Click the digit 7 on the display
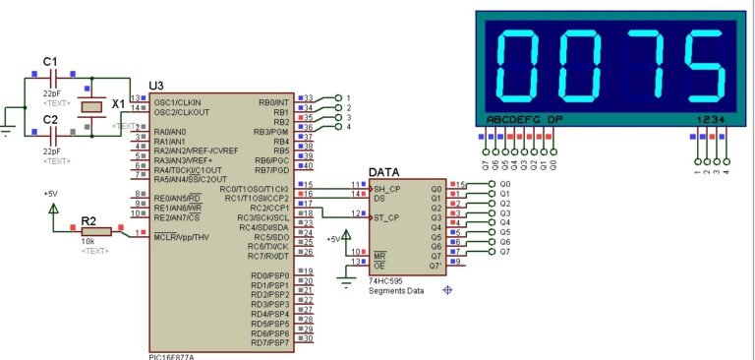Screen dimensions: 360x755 [x=648, y=67]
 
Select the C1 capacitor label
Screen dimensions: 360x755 [x=50, y=62]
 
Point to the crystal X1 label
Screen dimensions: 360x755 [x=119, y=103]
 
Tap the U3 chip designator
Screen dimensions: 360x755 [x=155, y=87]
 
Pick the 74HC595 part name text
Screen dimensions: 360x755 [x=386, y=280]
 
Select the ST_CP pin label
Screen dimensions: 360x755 [x=386, y=216]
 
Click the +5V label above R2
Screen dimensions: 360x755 [x=50, y=194]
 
